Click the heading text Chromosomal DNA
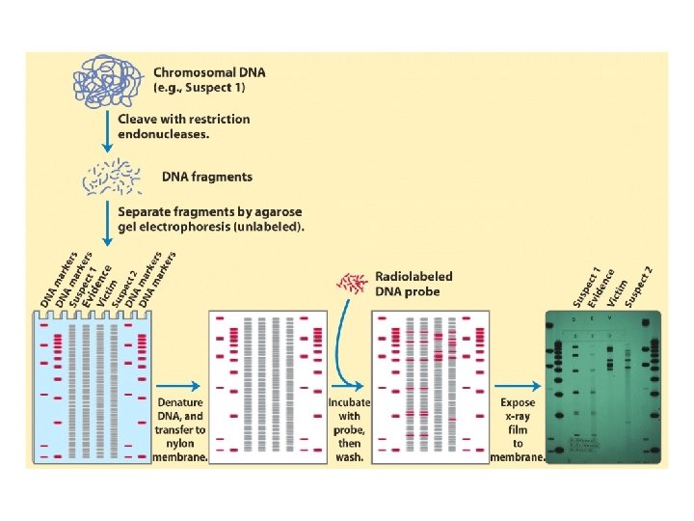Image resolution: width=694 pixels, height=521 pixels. (x=209, y=72)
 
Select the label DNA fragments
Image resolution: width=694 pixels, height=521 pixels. (x=208, y=177)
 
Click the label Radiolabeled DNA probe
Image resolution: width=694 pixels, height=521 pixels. (x=414, y=284)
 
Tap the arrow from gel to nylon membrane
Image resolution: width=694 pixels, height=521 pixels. (x=180, y=385)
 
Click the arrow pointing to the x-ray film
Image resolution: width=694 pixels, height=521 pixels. (x=520, y=385)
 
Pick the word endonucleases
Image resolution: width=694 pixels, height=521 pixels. (x=165, y=135)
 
